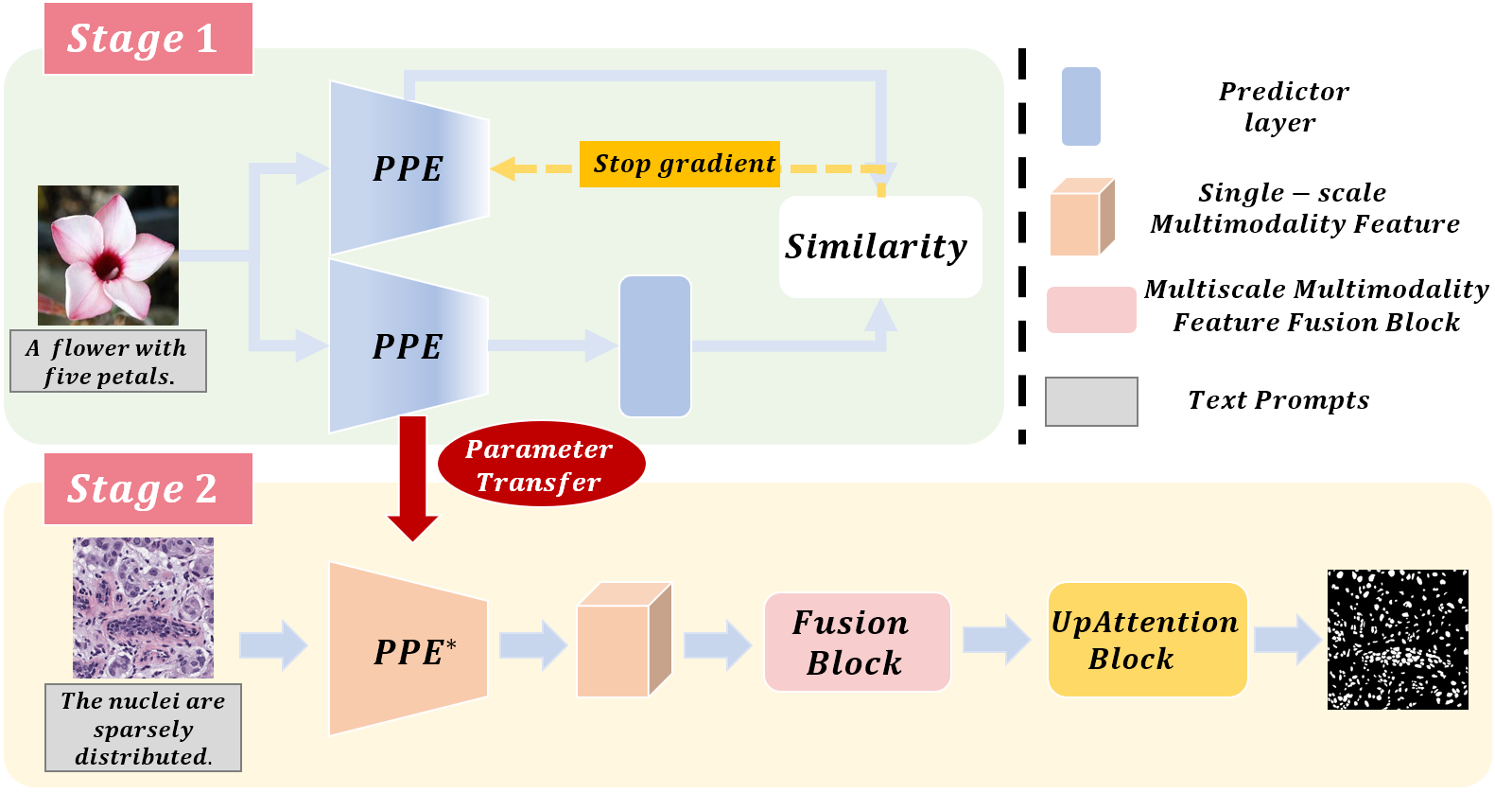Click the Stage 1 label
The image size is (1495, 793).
pyautogui.click(x=148, y=39)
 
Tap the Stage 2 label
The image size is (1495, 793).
pyautogui.click(x=148, y=489)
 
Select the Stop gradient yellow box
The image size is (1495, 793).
pyautogui.click(x=680, y=164)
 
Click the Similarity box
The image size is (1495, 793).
pyautogui.click(x=879, y=247)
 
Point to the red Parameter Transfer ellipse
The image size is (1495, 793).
pyautogui.click(x=541, y=465)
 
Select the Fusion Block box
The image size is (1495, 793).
pyautogui.click(x=857, y=643)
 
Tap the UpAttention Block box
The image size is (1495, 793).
pyautogui.click(x=1147, y=641)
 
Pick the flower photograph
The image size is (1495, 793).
pyautogui.click(x=108, y=256)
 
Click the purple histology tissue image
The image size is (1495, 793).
pyautogui.click(x=144, y=608)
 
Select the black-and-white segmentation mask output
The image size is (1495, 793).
pyautogui.click(x=1398, y=640)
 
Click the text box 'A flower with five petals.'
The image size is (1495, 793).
pyautogui.click(x=108, y=361)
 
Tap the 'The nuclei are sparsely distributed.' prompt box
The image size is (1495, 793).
pyautogui.click(x=143, y=728)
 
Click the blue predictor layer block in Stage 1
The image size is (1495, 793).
pyautogui.click(x=654, y=346)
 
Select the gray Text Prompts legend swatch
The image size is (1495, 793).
pyautogui.click(x=1091, y=401)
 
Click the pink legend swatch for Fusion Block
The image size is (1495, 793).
pyautogui.click(x=1091, y=309)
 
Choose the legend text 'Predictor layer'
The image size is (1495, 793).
pyautogui.click(x=1281, y=107)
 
